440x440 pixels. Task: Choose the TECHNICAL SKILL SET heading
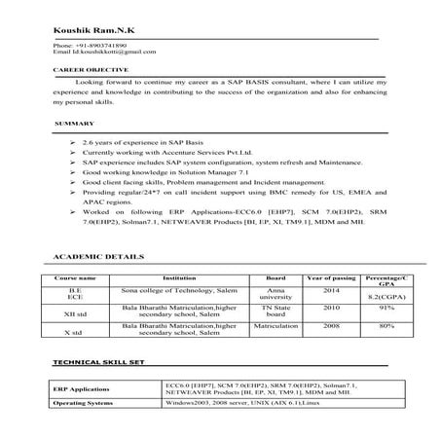tap(100, 362)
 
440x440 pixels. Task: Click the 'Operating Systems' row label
tap(85, 402)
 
